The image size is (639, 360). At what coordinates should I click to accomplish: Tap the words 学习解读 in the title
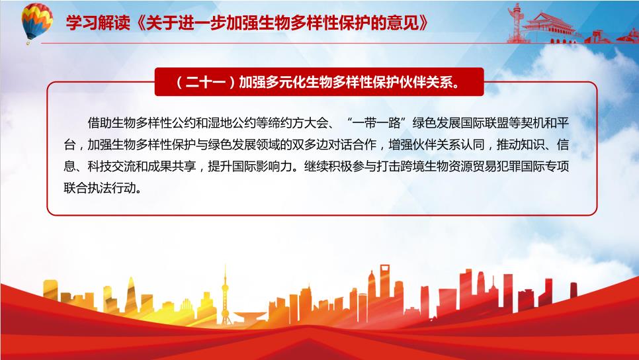(x=98, y=23)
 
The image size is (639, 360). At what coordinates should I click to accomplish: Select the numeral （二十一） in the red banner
(x=205, y=82)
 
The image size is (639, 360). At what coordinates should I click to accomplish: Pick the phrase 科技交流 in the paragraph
(x=111, y=166)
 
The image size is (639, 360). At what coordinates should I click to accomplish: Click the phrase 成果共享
(x=171, y=166)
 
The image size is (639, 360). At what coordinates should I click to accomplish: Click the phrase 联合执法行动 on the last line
(x=99, y=188)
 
